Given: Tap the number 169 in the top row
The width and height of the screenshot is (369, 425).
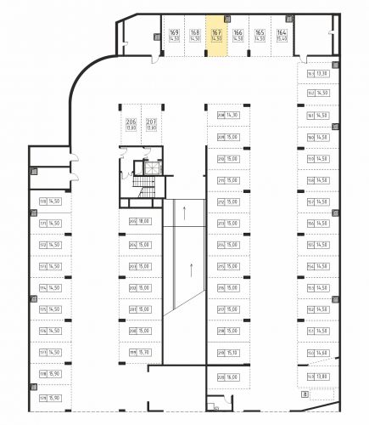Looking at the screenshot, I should [x=174, y=32].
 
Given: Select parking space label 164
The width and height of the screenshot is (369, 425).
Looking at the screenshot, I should [x=280, y=32].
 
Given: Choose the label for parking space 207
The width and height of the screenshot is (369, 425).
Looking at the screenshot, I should [x=151, y=122].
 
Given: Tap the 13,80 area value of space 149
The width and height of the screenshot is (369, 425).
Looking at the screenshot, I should [x=322, y=376].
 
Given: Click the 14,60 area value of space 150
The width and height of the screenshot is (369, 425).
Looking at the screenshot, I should [x=322, y=354].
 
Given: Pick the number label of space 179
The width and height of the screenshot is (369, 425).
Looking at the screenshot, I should [x=42, y=397].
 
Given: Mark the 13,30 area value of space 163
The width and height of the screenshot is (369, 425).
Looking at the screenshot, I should [x=323, y=73].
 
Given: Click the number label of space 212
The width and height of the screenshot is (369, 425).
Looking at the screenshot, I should [x=221, y=202].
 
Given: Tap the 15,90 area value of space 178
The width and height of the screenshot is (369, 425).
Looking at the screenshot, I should [x=55, y=375].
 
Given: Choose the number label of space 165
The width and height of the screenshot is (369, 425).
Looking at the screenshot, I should [x=259, y=32].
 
